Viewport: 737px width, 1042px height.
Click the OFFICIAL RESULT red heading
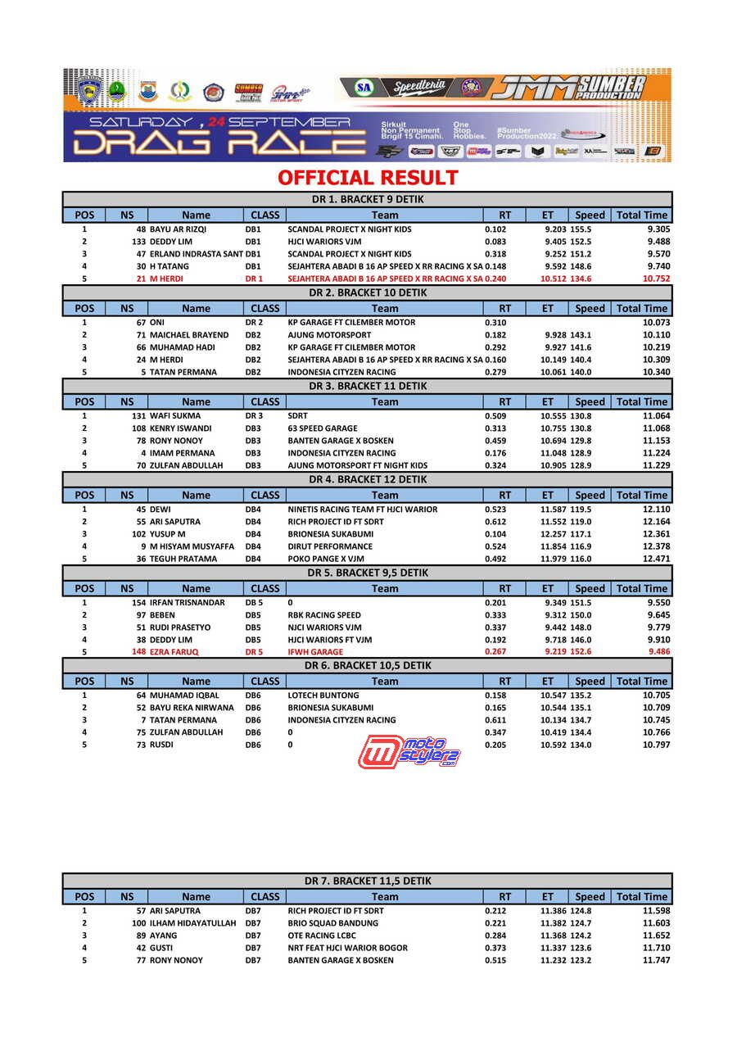point(368,178)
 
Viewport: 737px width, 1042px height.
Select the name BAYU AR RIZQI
point(178,229)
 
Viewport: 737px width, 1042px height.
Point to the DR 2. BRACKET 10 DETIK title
point(368,292)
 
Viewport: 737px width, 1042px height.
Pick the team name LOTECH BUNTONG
point(323,695)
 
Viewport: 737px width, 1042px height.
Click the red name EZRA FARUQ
point(174,652)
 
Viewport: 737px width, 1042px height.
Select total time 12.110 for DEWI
point(656,510)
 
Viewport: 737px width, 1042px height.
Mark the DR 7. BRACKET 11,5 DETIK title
point(368,881)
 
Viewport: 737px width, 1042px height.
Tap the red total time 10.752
point(656,279)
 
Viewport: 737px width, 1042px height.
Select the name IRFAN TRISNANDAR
point(187,603)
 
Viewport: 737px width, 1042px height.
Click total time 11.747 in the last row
point(656,960)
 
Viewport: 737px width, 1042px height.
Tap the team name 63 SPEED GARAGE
point(323,428)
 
